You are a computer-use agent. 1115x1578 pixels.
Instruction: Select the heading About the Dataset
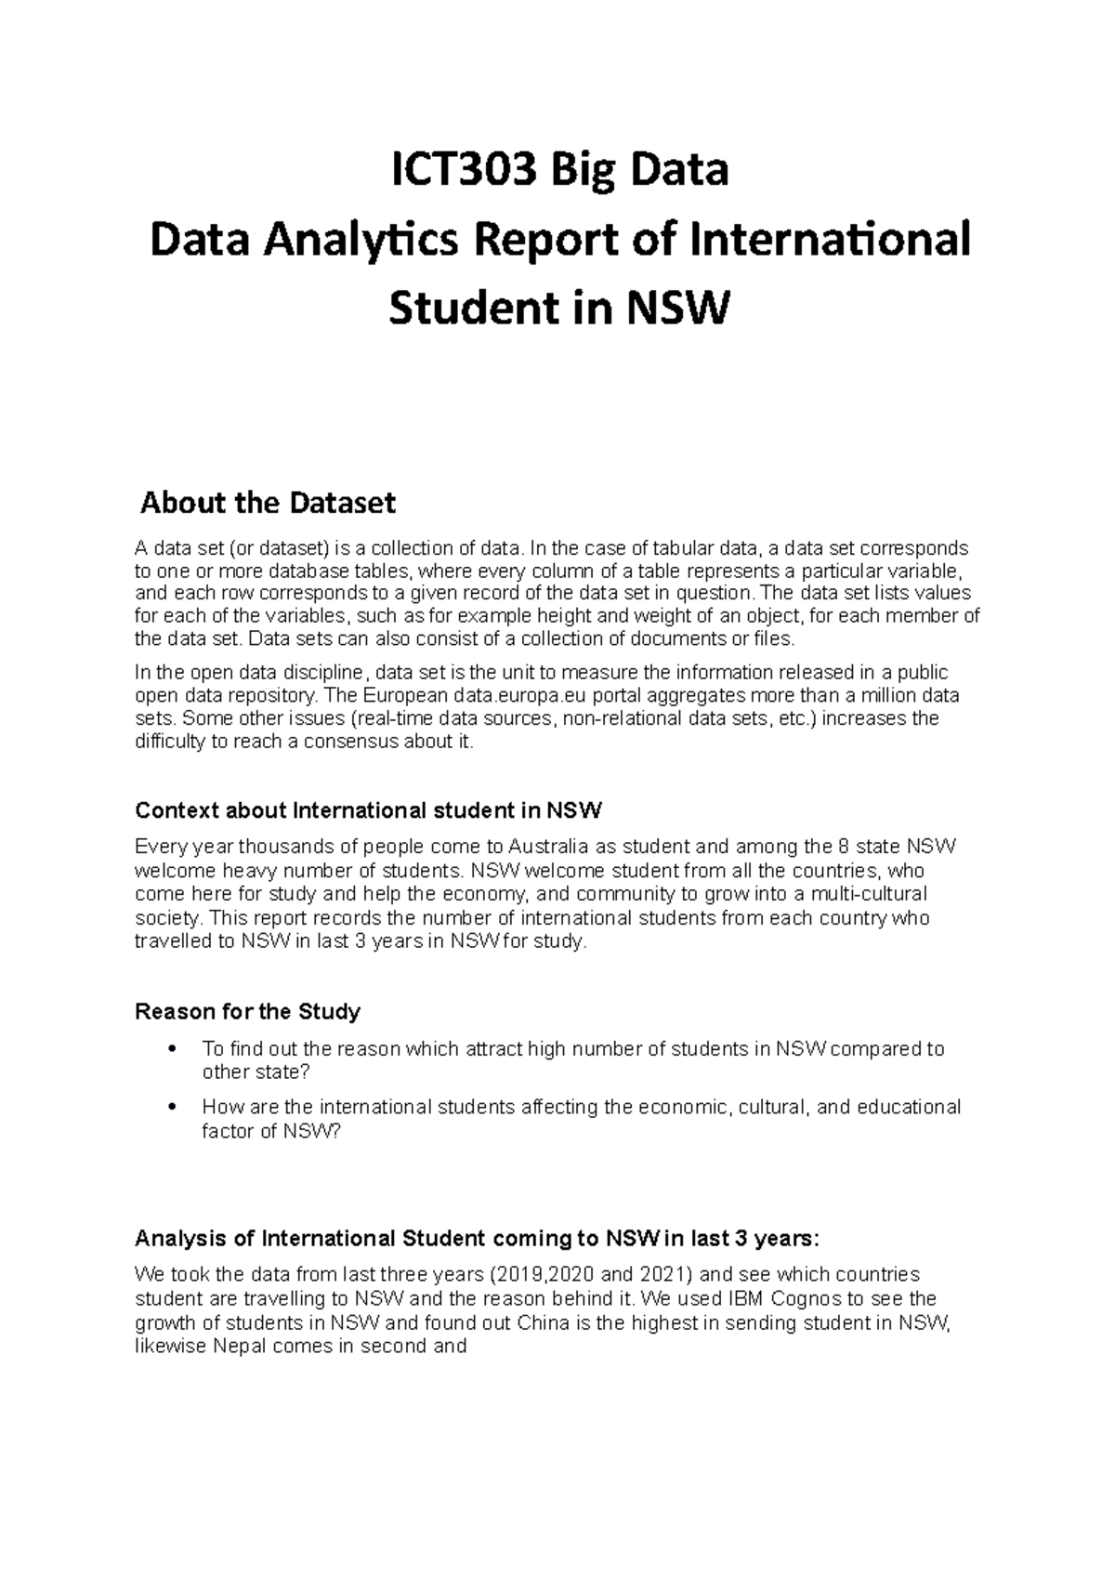click(268, 504)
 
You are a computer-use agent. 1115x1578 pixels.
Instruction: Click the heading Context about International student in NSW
click(369, 810)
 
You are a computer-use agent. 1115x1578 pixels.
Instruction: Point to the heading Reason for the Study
click(248, 1011)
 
